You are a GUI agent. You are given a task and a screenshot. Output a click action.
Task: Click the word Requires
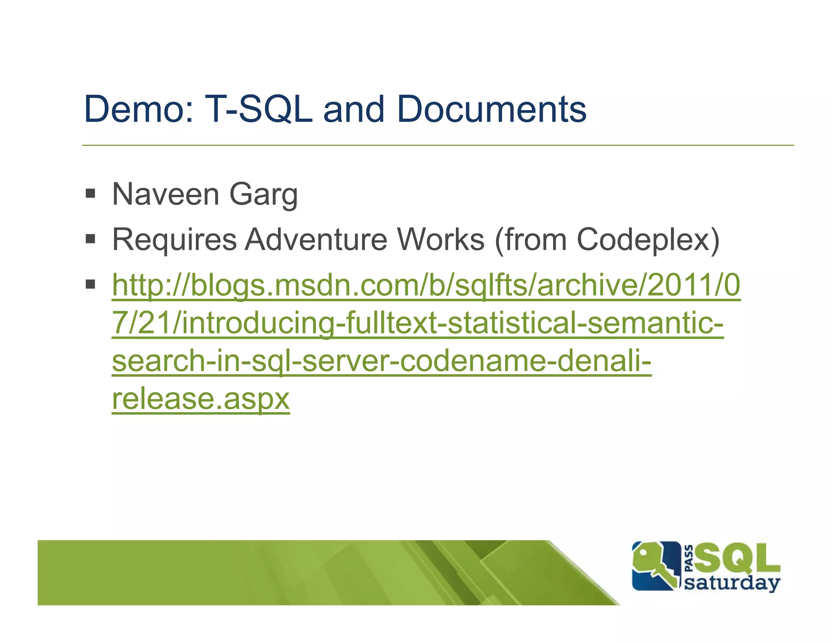click(174, 240)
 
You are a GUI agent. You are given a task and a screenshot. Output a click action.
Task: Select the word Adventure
click(316, 239)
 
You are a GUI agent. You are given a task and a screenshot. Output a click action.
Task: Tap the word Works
click(441, 239)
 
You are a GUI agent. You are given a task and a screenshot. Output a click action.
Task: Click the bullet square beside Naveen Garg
click(90, 193)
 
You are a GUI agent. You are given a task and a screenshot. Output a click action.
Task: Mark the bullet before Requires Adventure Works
click(90, 239)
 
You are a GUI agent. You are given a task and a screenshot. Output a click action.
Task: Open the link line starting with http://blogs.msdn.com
click(426, 285)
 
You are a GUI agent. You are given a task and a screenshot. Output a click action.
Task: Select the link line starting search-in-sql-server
click(381, 361)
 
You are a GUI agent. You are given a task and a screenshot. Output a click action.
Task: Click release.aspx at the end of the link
click(201, 399)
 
